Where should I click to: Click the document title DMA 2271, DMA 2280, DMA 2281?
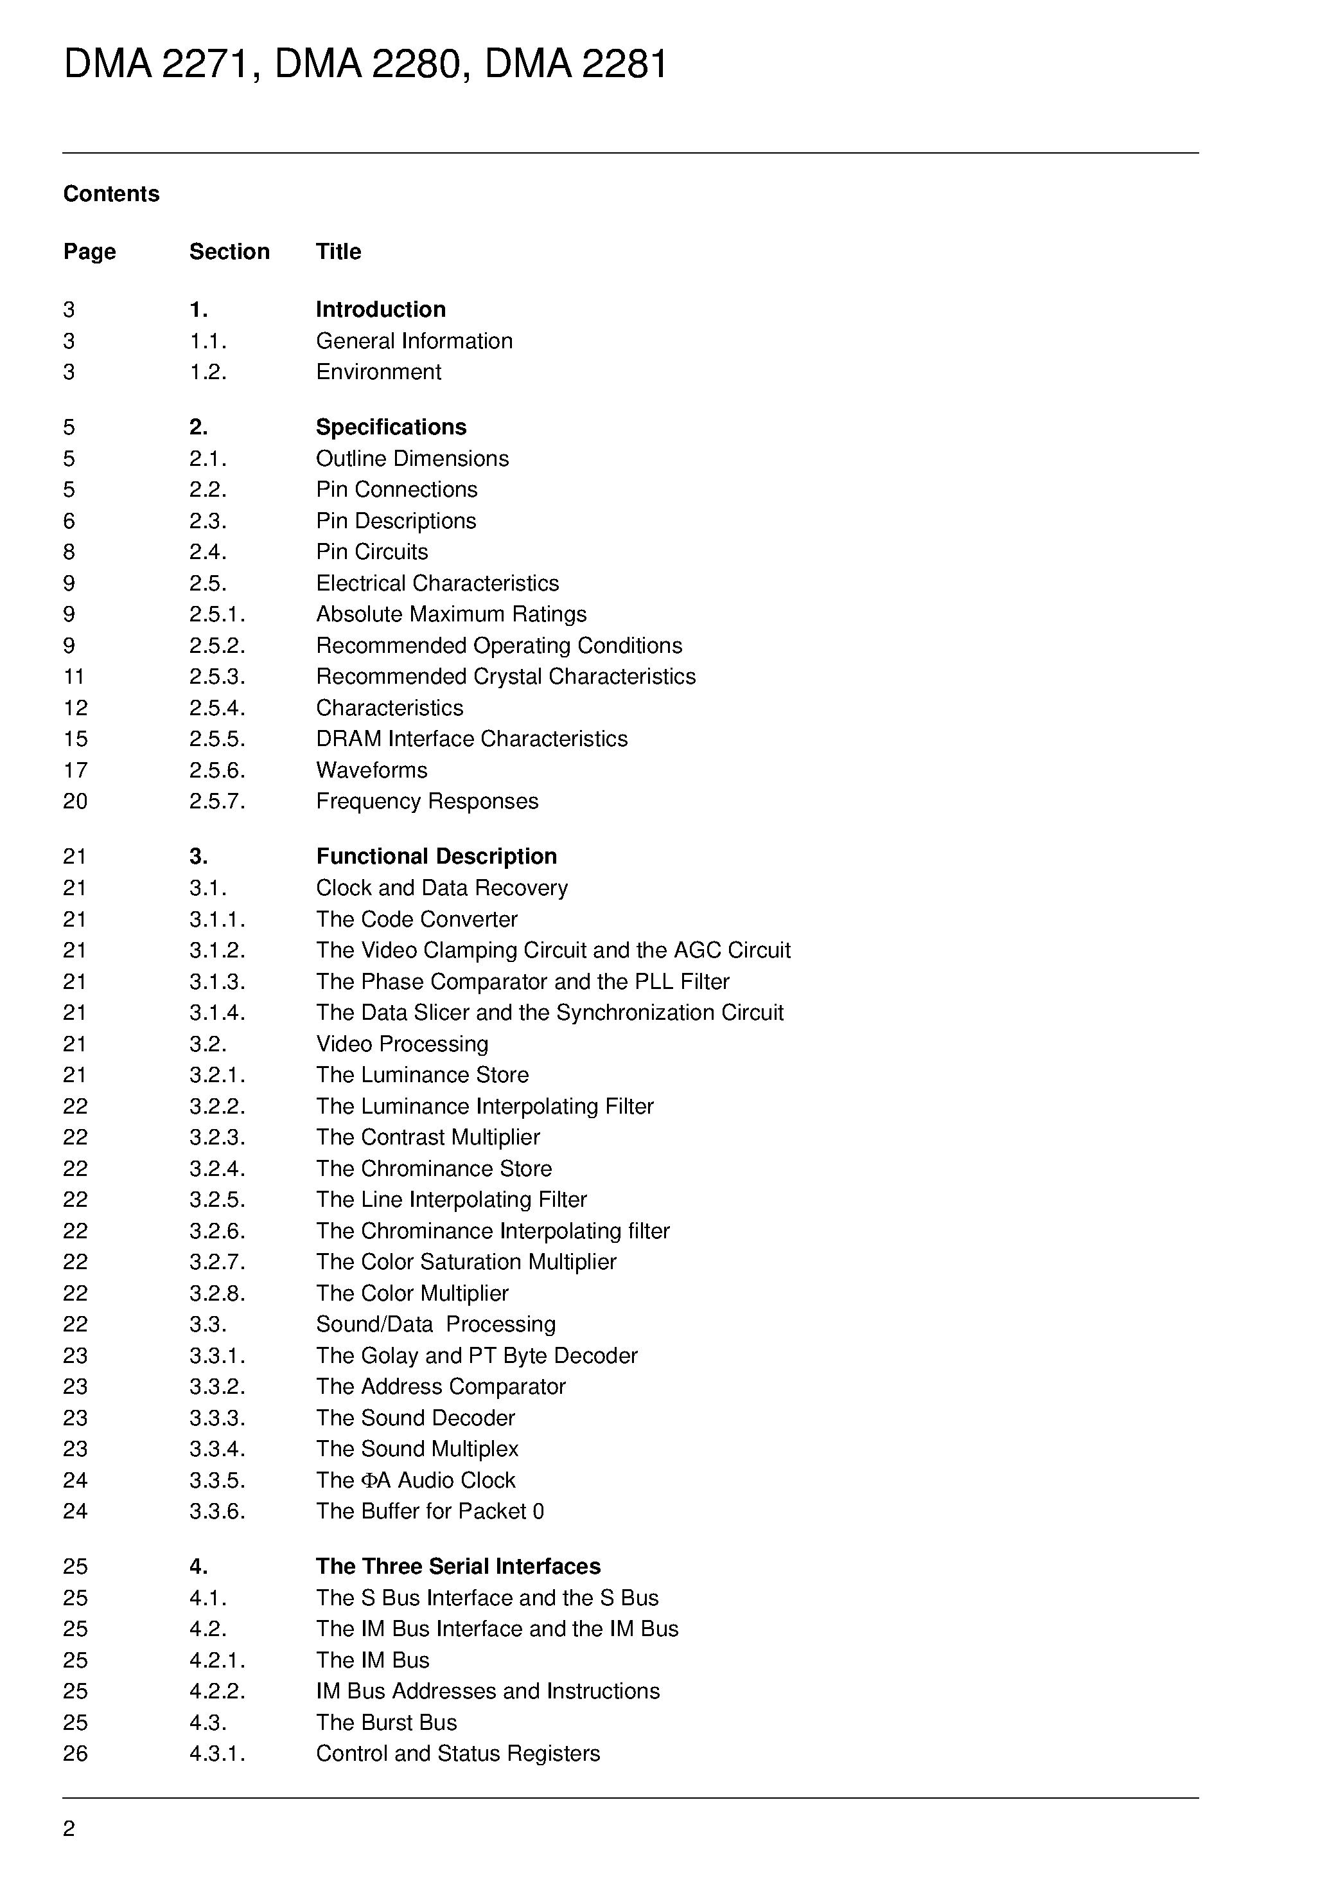click(365, 64)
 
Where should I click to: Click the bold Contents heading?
click(111, 194)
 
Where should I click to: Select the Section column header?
click(229, 251)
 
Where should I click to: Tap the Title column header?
click(338, 251)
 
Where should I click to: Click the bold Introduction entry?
click(380, 309)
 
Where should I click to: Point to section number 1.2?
click(208, 371)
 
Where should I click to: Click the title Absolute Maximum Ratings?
click(451, 614)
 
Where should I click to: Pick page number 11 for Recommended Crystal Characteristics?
click(74, 676)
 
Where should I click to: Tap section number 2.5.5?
click(217, 738)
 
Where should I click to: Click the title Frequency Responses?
click(427, 801)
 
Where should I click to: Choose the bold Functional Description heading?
click(436, 856)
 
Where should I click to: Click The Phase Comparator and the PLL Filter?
click(522, 981)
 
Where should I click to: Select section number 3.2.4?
click(217, 1169)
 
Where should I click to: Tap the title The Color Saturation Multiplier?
click(466, 1262)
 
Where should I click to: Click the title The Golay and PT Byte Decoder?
click(476, 1355)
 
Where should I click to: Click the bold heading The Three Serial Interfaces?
click(457, 1567)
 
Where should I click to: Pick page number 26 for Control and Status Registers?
click(75, 1753)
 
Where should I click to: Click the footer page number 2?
click(69, 1828)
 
